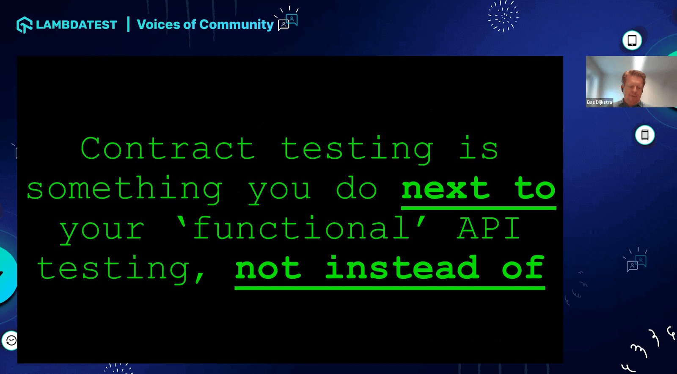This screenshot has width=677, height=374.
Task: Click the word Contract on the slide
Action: (168, 148)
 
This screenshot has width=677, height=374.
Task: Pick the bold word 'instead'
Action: (402, 267)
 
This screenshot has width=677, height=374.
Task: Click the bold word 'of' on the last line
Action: (523, 267)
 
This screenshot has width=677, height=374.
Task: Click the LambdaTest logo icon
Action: (25, 25)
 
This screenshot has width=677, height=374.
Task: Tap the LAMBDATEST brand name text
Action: (77, 25)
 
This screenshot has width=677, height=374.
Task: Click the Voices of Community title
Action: (205, 25)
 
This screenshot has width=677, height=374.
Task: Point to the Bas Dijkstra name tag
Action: (599, 102)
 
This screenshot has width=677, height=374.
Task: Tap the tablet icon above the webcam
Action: (632, 40)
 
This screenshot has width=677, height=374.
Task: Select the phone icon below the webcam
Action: (645, 135)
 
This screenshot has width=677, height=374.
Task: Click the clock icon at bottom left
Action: (11, 341)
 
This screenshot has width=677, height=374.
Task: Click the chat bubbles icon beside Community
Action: (288, 22)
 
